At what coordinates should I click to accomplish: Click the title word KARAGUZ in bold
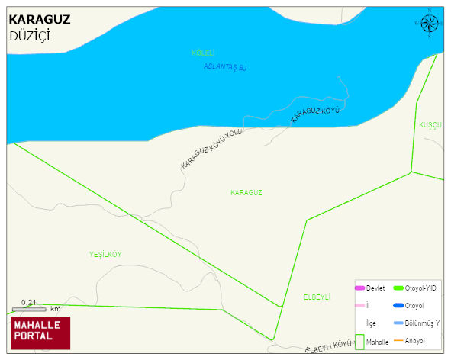click(39, 20)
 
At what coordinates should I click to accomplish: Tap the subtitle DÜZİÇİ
click(30, 35)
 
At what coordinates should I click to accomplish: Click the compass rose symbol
click(429, 24)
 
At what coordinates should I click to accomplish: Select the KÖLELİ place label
click(203, 53)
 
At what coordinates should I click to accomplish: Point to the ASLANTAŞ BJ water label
click(225, 67)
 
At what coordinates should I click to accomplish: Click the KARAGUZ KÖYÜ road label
click(314, 115)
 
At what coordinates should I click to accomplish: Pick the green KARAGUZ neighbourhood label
click(246, 193)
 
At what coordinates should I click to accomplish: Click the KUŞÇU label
click(430, 124)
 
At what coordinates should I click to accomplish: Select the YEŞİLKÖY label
click(105, 254)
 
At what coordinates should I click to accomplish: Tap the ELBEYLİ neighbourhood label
click(316, 296)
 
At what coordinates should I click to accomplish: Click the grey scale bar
click(30, 309)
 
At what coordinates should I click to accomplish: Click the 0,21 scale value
click(29, 302)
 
